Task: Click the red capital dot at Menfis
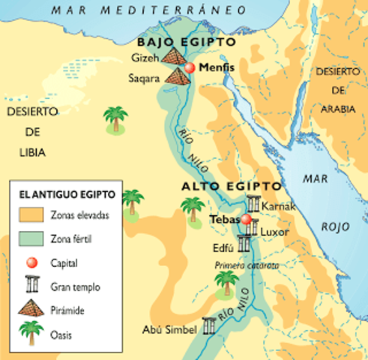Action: coord(190,67)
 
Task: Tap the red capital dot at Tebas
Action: coord(245,220)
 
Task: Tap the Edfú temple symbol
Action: coord(244,243)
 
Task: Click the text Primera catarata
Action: coord(247,265)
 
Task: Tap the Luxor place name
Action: coord(274,232)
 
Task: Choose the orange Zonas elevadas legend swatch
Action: coord(30,214)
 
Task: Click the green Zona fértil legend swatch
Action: coord(30,238)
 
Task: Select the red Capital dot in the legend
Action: coord(30,263)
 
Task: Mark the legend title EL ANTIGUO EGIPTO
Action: coord(67,194)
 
